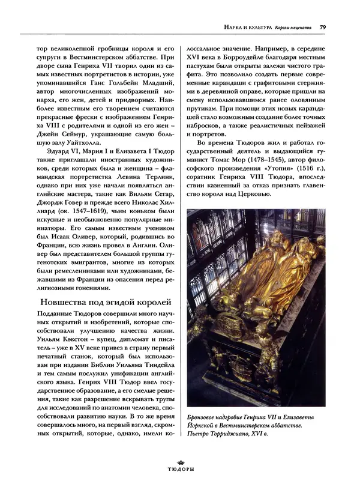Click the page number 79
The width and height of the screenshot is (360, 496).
(323, 26)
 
